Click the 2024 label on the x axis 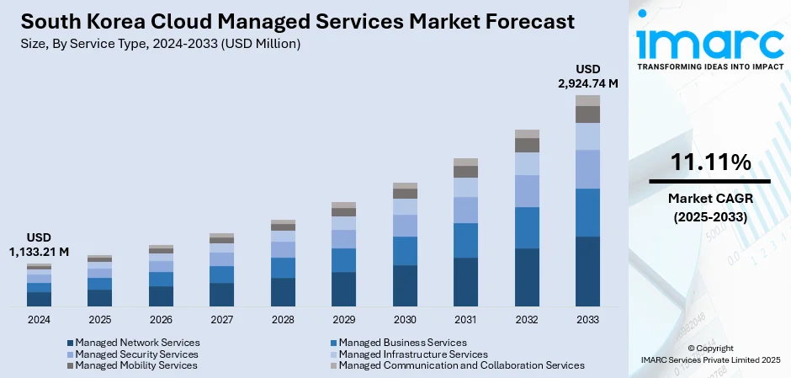click(39, 320)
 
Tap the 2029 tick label click(343, 320)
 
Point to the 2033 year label click(587, 320)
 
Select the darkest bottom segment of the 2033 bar click(587, 271)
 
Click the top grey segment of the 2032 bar click(527, 134)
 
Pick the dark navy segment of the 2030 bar click(405, 285)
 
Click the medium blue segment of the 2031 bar click(465, 240)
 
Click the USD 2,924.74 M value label click(588, 76)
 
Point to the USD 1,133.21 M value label click(39, 245)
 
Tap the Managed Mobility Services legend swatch click(71, 365)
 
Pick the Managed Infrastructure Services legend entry click(412, 354)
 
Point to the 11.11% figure click(709, 163)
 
